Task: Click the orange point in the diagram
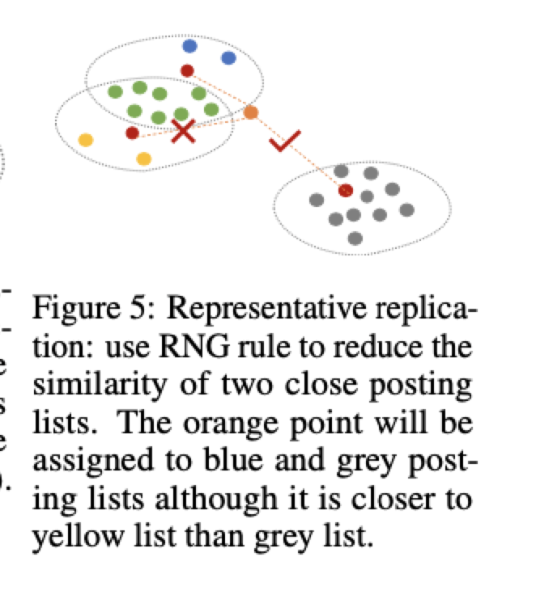coord(251,112)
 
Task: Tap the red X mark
coord(184,131)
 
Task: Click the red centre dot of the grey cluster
coord(346,190)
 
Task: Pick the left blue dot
coord(189,46)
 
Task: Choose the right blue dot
coord(228,57)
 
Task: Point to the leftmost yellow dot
coord(85,139)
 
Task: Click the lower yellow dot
coord(144,158)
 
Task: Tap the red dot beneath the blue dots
coord(187,70)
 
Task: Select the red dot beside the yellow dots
coord(132,133)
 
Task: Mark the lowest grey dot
coord(355,238)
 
